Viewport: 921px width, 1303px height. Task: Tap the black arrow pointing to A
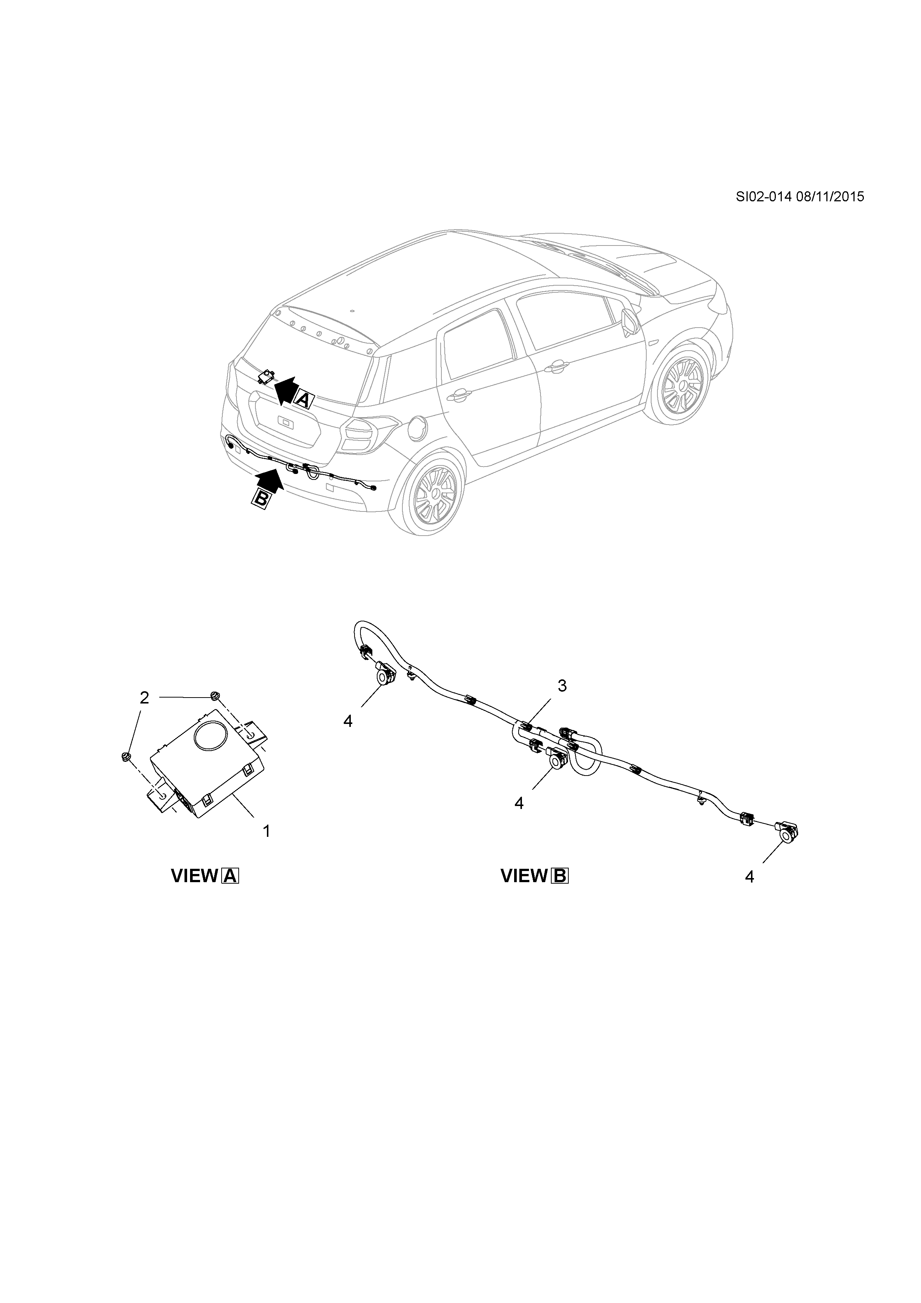point(286,389)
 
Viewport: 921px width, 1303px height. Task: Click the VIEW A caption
point(205,876)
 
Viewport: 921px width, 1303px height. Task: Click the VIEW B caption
point(534,876)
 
